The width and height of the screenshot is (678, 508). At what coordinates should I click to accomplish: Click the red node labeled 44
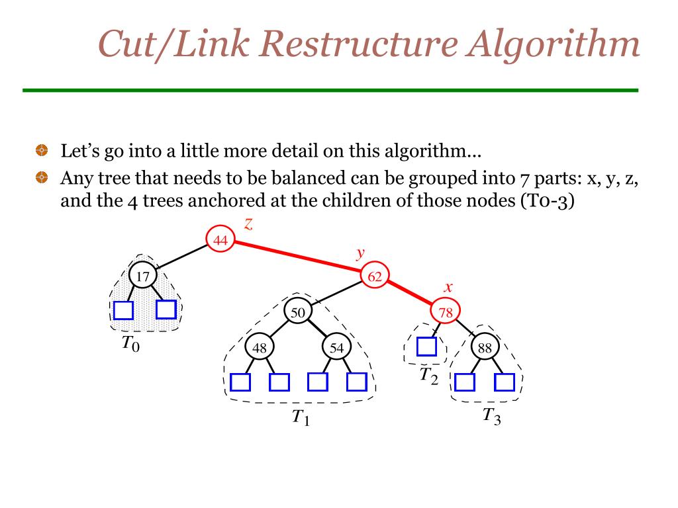point(220,241)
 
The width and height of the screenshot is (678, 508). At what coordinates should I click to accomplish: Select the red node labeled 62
point(375,276)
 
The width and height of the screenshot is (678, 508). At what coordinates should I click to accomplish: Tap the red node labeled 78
point(446,312)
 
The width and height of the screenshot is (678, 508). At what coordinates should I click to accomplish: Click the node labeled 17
point(142,276)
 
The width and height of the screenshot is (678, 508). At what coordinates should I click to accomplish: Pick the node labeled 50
point(298,312)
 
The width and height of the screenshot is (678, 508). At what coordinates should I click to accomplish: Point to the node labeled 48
point(259,347)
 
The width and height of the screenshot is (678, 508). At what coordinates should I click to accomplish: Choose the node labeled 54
point(337,347)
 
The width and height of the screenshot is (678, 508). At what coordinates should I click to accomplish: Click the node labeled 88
point(485,347)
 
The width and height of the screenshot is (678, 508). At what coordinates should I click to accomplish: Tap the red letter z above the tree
point(248,224)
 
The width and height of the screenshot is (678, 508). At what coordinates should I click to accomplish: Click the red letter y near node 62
point(361,253)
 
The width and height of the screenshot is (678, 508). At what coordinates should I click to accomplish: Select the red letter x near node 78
point(448,287)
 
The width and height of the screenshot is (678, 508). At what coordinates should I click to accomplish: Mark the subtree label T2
point(428,376)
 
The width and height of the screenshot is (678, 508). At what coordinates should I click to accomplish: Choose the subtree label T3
point(491,416)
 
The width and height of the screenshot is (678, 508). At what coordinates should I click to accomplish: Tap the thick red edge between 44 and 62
point(298,259)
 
